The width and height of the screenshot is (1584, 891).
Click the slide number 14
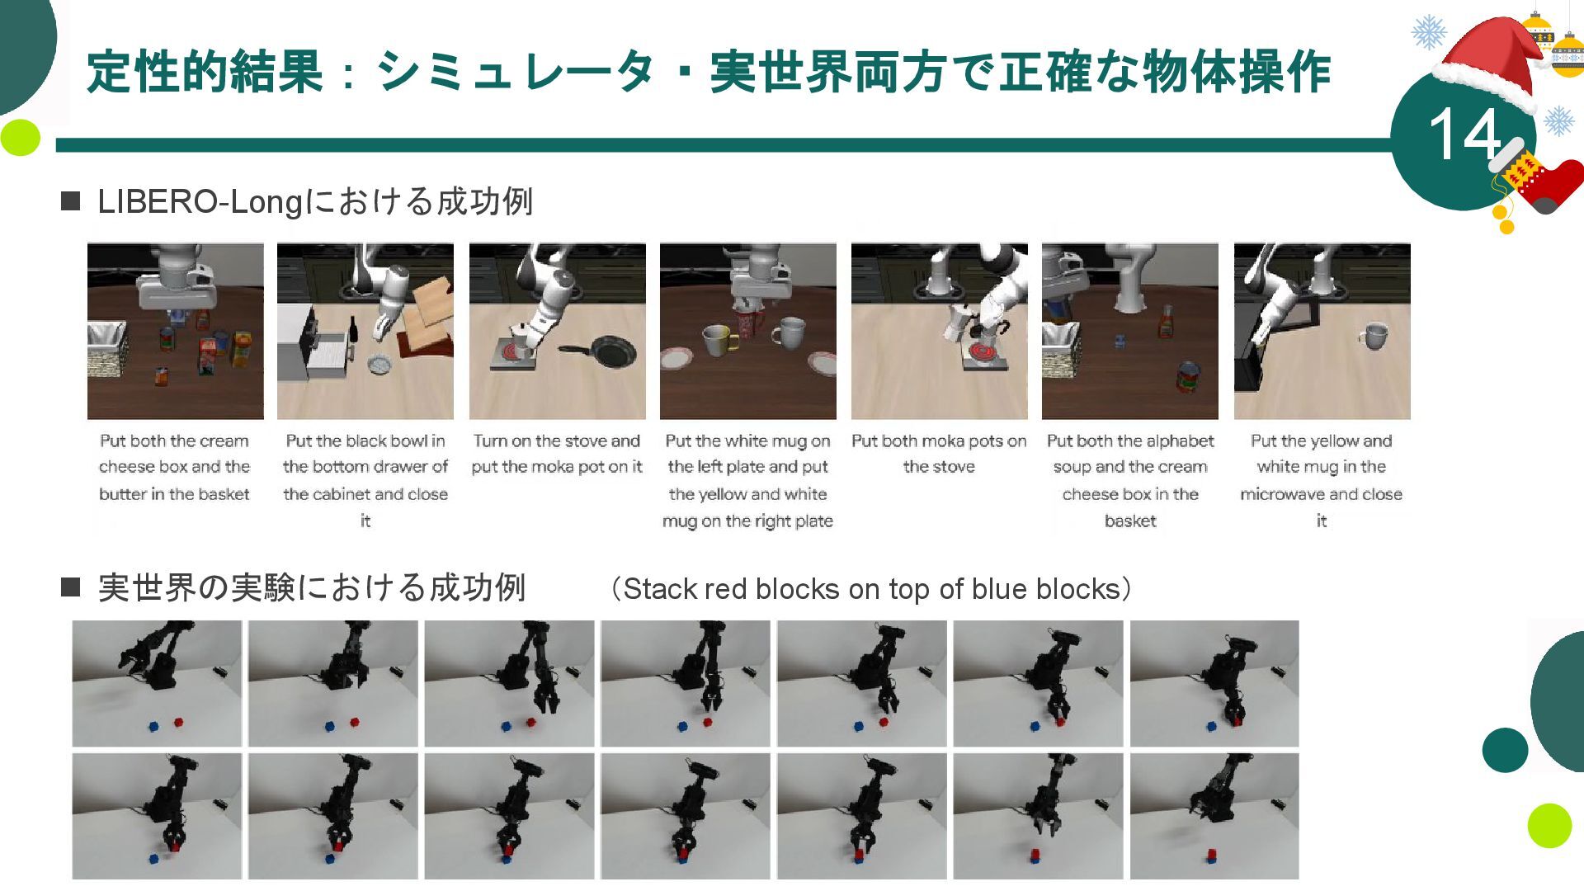[1465, 134]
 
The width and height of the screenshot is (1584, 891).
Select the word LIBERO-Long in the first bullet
[201, 202]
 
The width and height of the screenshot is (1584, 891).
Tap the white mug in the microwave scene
[1372, 335]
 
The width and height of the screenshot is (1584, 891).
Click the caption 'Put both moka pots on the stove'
[939, 454]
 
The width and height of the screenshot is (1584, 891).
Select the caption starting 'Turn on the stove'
[557, 454]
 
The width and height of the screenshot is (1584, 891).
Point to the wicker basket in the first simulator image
[107, 350]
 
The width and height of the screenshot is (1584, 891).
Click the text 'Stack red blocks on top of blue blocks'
[872, 589]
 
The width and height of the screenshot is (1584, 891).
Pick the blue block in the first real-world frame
[153, 726]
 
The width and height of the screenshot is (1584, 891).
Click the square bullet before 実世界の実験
[71, 587]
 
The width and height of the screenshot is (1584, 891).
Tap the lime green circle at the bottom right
[1549, 825]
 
